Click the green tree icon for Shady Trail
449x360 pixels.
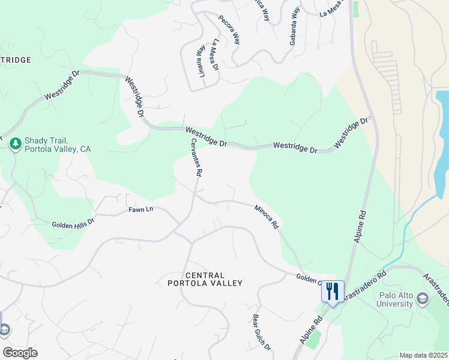[x=16, y=143]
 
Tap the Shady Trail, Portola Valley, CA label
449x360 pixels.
[x=58, y=144]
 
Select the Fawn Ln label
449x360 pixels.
[x=141, y=210]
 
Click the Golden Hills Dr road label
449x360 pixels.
[x=73, y=223]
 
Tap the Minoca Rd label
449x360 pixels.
[x=267, y=217]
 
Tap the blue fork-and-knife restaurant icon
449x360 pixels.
[x=333, y=291]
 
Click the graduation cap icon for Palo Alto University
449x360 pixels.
[x=422, y=298]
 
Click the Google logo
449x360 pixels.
[x=20, y=353]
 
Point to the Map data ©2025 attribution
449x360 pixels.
[x=423, y=355]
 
